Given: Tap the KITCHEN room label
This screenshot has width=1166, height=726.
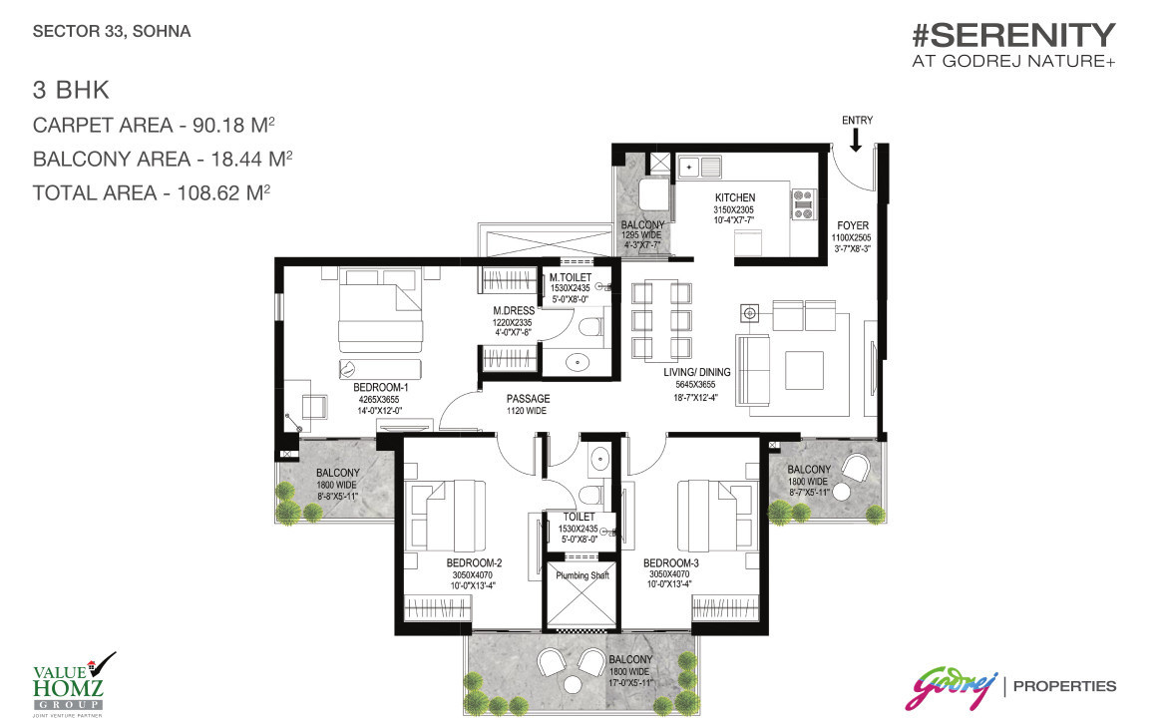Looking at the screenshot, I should (734, 198).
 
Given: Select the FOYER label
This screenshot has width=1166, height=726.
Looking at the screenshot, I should (852, 225).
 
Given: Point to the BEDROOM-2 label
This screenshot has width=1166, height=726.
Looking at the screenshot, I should (474, 562).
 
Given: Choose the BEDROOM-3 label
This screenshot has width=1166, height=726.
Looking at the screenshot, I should (670, 562).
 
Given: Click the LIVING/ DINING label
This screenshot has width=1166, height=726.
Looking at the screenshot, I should (698, 373).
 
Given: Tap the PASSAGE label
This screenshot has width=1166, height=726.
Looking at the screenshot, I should (528, 399).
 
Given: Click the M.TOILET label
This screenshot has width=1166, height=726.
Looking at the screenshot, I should (572, 276).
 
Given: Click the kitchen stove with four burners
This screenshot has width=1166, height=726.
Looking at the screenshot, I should (802, 203).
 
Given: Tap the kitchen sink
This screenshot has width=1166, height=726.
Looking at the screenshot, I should (701, 166).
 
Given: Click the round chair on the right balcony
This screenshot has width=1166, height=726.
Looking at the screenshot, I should (857, 468).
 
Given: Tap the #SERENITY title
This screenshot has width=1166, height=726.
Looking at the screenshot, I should (1012, 36).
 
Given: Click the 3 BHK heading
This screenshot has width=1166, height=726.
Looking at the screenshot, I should (70, 92).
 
